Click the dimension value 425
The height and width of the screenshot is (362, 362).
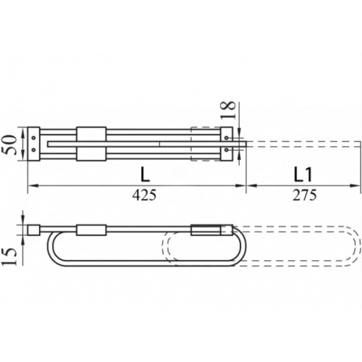coord(144,195)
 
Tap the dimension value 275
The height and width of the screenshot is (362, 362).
coord(305,195)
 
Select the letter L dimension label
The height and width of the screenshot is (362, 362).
coord(145,174)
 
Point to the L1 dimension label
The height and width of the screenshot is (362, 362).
coord(303,174)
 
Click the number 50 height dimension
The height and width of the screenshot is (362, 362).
coord(10,145)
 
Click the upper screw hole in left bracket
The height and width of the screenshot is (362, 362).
coord(33,138)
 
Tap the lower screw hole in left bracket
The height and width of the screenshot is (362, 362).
coord(33,150)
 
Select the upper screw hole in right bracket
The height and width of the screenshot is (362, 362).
coord(227,138)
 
